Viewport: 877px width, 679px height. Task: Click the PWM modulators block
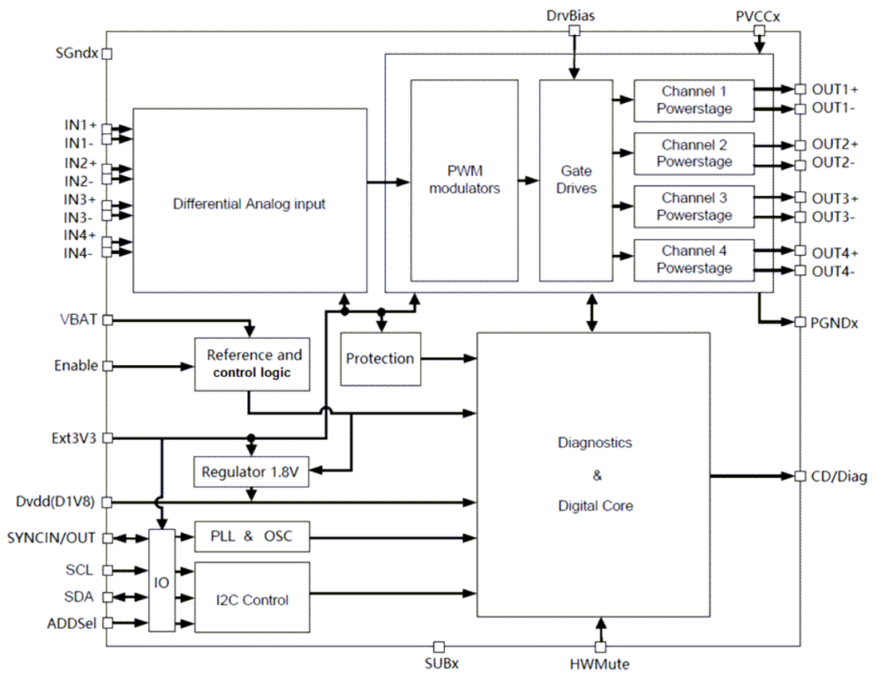(x=464, y=180)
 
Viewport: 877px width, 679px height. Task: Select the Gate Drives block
(x=576, y=180)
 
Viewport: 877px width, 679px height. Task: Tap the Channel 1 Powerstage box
(x=694, y=100)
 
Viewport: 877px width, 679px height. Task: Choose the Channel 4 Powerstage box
(x=694, y=260)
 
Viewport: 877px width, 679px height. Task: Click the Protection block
(x=380, y=359)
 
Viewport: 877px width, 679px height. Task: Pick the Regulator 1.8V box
(x=250, y=471)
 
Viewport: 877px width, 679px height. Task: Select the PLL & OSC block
(x=252, y=536)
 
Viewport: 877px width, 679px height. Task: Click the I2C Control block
(x=252, y=599)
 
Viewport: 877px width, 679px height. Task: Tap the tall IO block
(x=162, y=583)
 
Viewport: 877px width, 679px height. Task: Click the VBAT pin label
(x=78, y=320)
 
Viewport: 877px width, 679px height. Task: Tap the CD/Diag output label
(x=840, y=477)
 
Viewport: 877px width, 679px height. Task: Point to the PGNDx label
(x=835, y=323)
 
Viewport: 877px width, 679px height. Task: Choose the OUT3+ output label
(x=835, y=198)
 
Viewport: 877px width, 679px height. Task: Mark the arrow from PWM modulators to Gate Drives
(x=529, y=181)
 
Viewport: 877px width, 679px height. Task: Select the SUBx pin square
(x=438, y=646)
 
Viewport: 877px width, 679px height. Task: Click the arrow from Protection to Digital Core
(x=448, y=359)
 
